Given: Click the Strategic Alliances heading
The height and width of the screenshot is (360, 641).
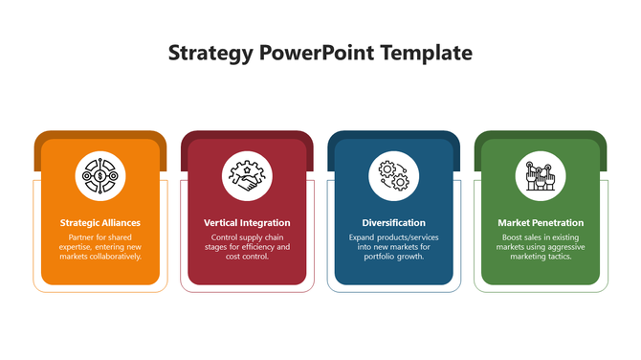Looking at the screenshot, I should tap(100, 223).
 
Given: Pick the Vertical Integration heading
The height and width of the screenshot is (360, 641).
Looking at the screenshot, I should tap(247, 223).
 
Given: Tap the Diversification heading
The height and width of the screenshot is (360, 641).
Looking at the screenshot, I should tap(394, 223).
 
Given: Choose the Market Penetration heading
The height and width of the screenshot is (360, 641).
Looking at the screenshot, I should tap(541, 223).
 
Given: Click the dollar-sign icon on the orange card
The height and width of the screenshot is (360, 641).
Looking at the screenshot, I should tap(100, 175).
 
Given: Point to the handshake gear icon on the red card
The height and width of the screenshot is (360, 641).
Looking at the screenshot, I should tap(247, 175).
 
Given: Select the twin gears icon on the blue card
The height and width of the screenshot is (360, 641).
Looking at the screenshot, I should tap(394, 175).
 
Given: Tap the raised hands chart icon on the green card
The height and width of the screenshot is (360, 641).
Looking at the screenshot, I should tap(541, 175).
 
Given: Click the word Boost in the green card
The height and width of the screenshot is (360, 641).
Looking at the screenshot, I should tap(514, 236).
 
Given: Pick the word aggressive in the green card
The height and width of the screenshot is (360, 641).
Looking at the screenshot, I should tap(565, 247).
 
